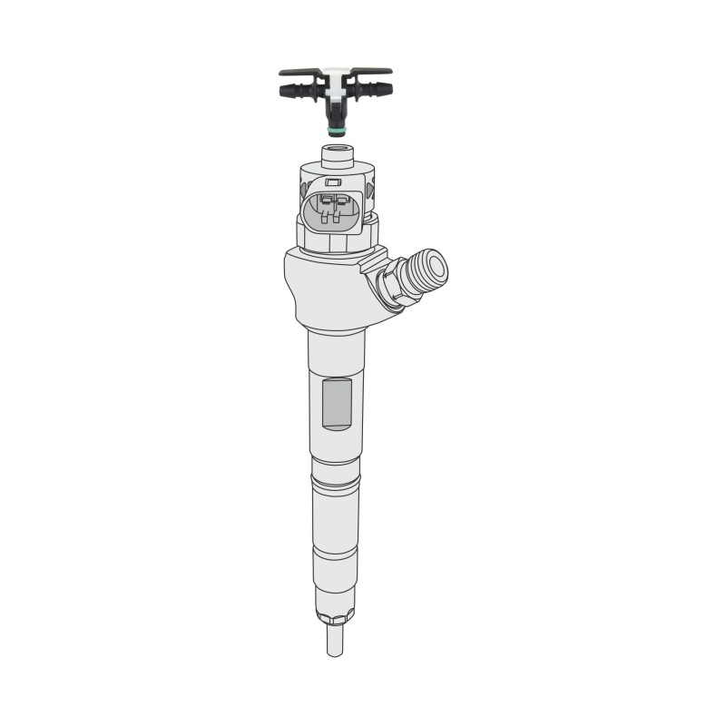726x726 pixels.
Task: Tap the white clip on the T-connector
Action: [x=335, y=82]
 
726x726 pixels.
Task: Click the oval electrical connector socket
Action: [x=335, y=211]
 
